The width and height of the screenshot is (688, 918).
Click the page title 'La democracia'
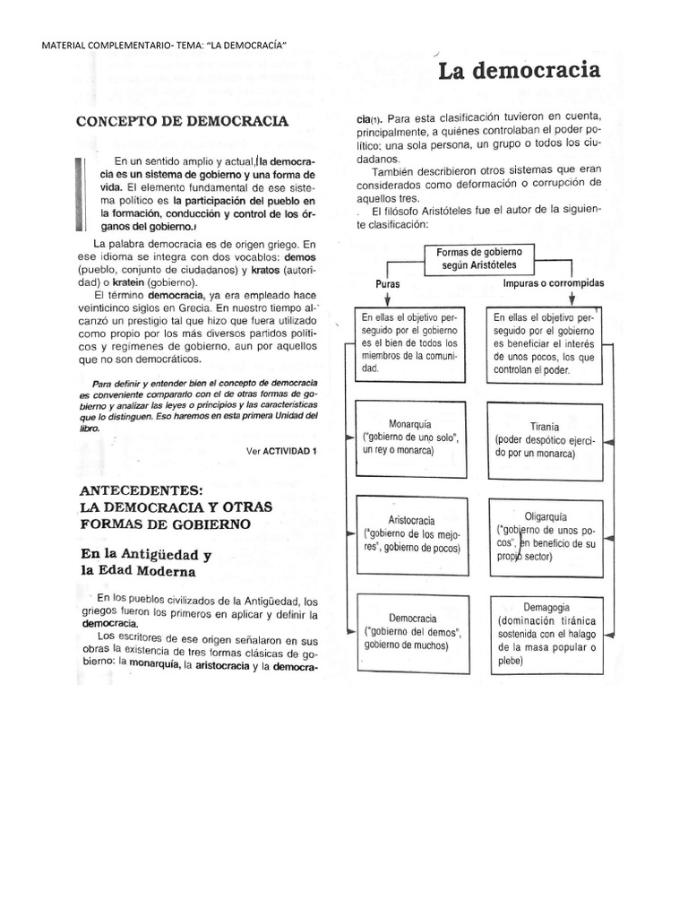tap(520, 71)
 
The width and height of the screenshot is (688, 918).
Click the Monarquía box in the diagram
tap(410, 437)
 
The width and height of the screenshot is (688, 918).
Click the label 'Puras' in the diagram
tap(387, 283)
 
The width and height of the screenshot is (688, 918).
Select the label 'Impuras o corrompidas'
tap(553, 282)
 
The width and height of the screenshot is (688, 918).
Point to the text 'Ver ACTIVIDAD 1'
tap(281, 450)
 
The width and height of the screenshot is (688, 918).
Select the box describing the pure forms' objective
tap(410, 343)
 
